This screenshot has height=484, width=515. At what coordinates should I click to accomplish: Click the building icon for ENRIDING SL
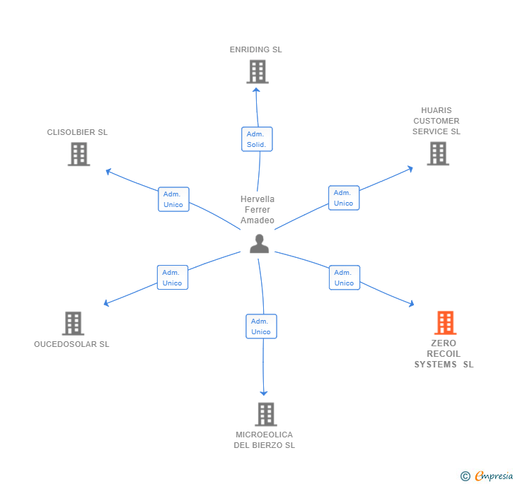click(257, 71)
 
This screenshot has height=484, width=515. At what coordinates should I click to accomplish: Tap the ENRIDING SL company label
click(255, 50)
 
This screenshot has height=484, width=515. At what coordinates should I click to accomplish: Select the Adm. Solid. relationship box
click(256, 139)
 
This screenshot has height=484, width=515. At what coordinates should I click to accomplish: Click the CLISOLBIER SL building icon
click(79, 154)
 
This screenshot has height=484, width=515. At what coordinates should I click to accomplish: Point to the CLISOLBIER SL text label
click(77, 132)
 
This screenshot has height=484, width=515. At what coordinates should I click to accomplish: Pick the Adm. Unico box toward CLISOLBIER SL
click(173, 199)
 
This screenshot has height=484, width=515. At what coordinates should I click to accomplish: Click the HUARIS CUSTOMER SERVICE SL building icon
click(438, 153)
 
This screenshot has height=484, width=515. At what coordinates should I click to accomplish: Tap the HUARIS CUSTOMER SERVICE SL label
click(436, 121)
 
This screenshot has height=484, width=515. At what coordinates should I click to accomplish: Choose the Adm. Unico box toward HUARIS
click(344, 198)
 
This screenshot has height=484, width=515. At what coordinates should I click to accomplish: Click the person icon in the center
click(260, 244)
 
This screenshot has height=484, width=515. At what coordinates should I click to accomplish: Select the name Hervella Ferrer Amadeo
click(257, 210)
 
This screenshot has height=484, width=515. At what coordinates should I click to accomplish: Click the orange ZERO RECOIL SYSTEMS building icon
click(445, 323)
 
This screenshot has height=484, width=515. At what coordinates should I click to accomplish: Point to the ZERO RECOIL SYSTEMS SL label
click(444, 354)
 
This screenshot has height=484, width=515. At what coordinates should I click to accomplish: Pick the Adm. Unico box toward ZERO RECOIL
click(345, 278)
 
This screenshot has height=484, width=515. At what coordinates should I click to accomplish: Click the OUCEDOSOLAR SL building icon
click(73, 324)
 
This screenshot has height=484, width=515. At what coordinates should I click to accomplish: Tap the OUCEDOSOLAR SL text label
click(71, 344)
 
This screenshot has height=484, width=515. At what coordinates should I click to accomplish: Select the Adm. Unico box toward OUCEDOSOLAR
click(172, 278)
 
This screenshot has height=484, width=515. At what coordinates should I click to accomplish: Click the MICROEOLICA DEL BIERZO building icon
click(265, 414)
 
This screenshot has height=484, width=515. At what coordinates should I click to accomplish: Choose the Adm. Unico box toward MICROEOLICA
click(261, 326)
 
